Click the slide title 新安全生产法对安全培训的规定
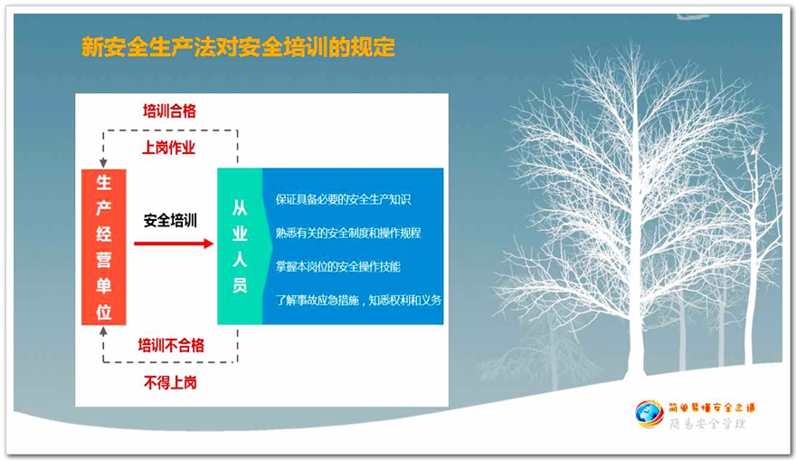point(238,47)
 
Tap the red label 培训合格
point(169,110)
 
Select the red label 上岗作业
point(168,148)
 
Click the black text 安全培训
point(170,221)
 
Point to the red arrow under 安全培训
point(174,244)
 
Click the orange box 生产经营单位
point(103,247)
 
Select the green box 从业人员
point(240,246)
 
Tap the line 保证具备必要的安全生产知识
point(343,199)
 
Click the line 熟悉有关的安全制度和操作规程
point(348,233)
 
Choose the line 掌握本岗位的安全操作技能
point(337,266)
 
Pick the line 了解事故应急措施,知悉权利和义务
point(358,300)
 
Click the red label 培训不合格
point(171,346)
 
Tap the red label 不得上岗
point(170,382)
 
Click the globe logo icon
point(649,414)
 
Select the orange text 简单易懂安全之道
point(712,407)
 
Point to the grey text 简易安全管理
point(707,424)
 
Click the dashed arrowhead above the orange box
point(103,163)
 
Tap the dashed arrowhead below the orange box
point(103,331)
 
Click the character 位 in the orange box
point(103,311)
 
